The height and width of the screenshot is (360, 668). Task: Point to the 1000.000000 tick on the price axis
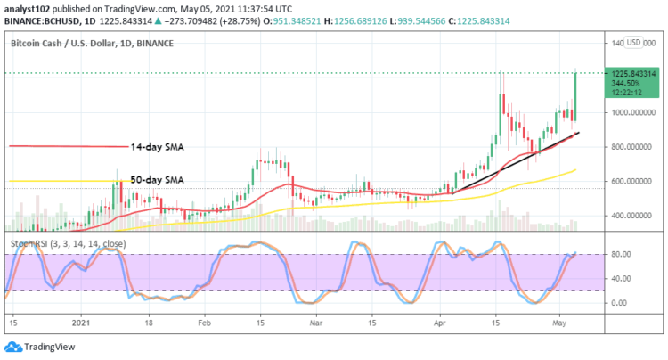[x=626, y=112]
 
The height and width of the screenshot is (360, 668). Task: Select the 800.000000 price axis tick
[x=626, y=146]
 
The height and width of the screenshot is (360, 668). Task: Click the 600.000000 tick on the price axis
[x=626, y=181]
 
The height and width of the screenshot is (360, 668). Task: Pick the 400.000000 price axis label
[x=626, y=216]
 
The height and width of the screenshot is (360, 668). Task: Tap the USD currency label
[x=634, y=42]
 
